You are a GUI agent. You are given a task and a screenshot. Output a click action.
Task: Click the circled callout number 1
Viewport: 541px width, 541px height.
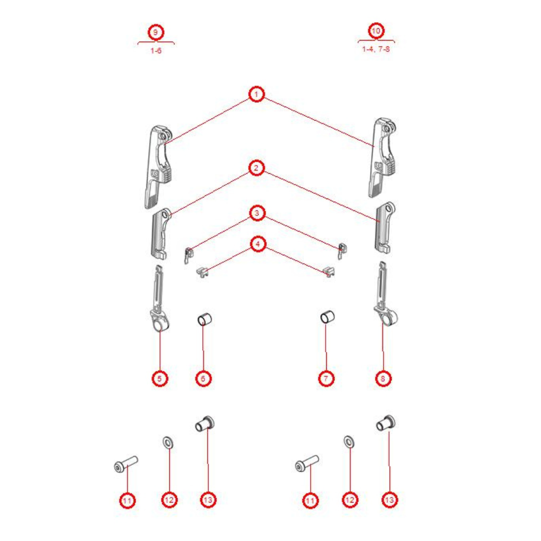point(256,94)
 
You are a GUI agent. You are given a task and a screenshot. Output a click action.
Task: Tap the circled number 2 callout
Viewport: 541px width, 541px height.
point(256,168)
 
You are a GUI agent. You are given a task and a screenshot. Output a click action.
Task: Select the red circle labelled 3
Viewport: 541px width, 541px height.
point(256,213)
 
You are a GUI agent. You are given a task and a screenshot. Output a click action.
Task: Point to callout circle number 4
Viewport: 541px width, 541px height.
point(258,245)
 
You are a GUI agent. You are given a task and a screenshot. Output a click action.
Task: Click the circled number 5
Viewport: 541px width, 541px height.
point(160,379)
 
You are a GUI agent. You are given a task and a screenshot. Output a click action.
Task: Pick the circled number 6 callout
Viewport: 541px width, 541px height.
point(203,379)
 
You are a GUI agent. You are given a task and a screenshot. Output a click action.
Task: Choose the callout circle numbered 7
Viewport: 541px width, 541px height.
point(326,379)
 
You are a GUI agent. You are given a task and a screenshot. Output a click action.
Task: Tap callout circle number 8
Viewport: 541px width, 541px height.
point(383,379)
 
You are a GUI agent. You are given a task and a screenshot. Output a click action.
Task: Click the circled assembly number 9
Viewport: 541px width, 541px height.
point(156,32)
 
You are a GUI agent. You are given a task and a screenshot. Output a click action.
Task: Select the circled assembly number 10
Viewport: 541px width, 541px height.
point(376,31)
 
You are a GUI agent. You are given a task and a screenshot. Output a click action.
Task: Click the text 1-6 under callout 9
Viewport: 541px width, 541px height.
point(156,51)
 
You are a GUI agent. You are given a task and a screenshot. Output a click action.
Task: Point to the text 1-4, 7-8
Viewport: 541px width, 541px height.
point(376,49)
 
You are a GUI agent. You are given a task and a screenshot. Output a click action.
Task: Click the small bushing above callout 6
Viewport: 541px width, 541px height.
point(204,319)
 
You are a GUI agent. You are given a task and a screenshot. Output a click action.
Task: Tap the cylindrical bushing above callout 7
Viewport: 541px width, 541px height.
point(327,317)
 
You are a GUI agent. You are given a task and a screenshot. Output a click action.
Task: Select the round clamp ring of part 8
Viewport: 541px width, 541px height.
point(389,318)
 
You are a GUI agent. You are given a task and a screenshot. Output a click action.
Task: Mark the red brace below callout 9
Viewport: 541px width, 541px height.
point(156,42)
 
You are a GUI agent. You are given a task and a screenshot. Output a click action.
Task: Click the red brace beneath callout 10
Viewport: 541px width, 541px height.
point(377,41)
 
